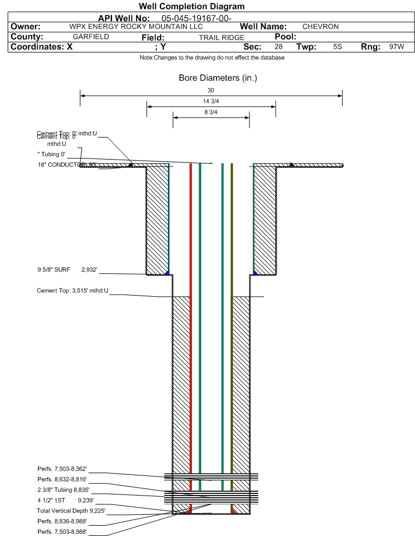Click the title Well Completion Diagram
point(192,7)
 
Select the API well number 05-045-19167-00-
point(197,19)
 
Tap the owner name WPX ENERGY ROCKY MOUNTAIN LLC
point(136,27)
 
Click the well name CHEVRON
point(320,27)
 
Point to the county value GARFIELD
point(91,37)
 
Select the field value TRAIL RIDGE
point(221,38)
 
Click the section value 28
point(278,47)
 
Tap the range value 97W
point(396,47)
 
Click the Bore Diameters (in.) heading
point(218,78)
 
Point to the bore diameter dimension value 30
point(211,90)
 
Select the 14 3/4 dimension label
point(211,102)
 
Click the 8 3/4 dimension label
point(211,113)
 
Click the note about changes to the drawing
point(212,58)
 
